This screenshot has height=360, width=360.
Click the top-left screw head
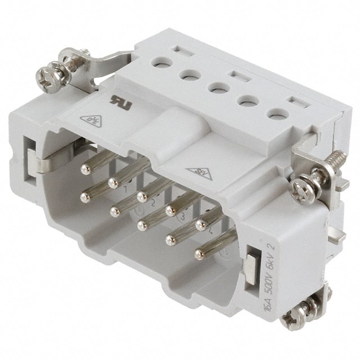(x=44, y=76)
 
